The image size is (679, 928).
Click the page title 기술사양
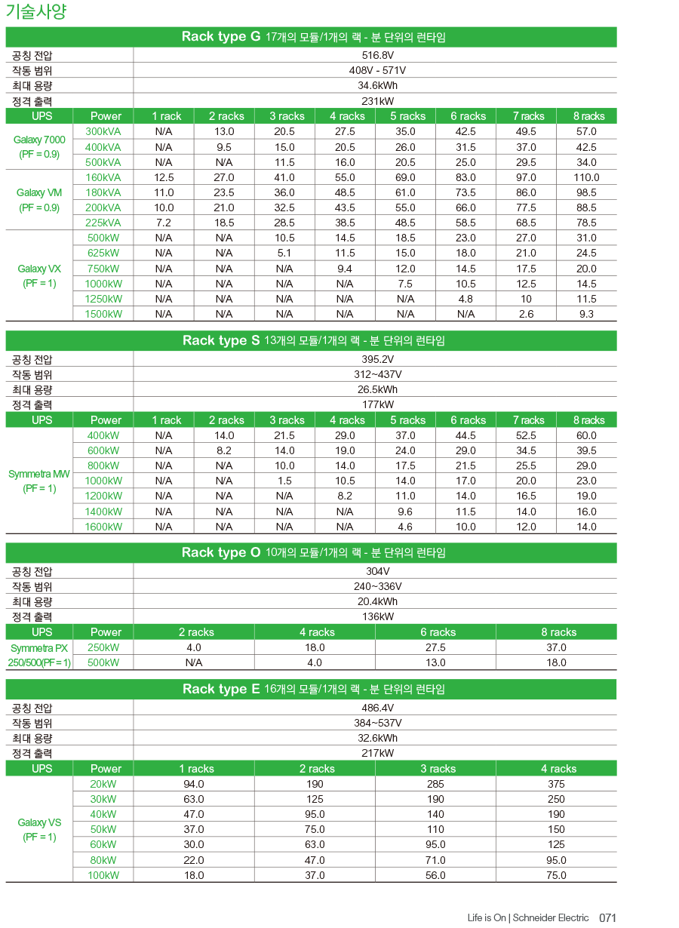coord(36,11)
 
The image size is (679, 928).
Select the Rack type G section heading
coord(313,37)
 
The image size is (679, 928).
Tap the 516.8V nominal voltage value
coord(377,55)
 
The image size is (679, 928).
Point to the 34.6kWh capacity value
coord(377,85)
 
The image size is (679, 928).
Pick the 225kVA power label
coord(103,223)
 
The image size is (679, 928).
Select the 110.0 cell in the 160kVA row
coord(586,177)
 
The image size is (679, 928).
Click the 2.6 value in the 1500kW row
coord(526,314)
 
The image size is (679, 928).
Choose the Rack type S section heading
coord(313,340)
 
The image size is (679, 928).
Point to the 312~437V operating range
coord(377,374)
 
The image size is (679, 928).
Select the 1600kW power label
coord(103,527)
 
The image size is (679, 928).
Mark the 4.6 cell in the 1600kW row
coord(405,527)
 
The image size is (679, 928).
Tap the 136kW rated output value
coord(377,616)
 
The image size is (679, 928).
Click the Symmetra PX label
coord(39,648)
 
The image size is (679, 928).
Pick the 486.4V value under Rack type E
coord(377,708)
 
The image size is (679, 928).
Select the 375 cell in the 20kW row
coord(556,784)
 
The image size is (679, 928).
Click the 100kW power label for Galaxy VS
coord(103,875)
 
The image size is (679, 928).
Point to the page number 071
coord(608,917)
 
